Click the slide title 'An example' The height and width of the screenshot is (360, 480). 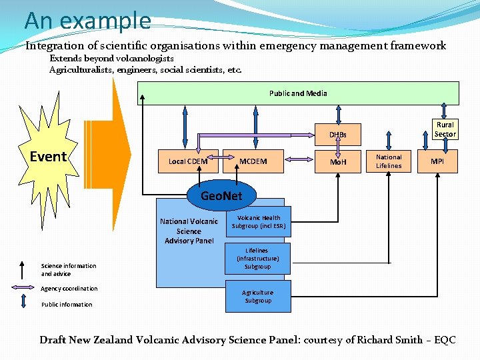(x=87, y=21)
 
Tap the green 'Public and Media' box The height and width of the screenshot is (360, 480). (x=298, y=93)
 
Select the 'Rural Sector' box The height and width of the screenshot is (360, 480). (x=445, y=129)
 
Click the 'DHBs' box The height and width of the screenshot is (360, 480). (x=337, y=135)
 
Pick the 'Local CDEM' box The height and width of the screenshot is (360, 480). (x=187, y=161)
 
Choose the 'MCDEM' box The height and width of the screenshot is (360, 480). (x=253, y=161)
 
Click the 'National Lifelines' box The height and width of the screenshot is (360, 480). (x=389, y=161)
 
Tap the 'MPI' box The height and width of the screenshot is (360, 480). (x=437, y=161)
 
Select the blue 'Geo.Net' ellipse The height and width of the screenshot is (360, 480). (x=221, y=196)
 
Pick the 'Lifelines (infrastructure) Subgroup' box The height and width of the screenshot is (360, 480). (x=257, y=258)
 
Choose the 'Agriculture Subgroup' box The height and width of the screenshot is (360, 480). (x=257, y=297)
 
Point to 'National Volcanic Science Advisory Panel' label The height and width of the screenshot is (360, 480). (x=189, y=231)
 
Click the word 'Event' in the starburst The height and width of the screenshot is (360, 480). (x=49, y=157)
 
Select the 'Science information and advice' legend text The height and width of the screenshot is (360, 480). (x=69, y=270)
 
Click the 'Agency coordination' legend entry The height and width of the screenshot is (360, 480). (x=69, y=289)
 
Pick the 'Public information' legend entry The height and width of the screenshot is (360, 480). (x=67, y=305)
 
